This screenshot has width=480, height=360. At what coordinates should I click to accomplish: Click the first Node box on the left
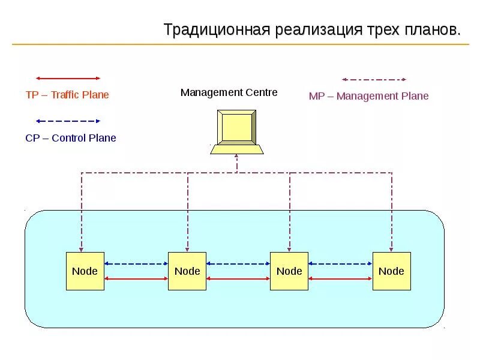pos(85,271)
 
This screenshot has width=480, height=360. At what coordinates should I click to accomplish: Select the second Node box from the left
pos(187,271)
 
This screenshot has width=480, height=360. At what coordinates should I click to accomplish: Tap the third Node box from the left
pos(289,271)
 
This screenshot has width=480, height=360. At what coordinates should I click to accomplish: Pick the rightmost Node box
pos(392,271)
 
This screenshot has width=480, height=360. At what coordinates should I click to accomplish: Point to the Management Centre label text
pos(229,92)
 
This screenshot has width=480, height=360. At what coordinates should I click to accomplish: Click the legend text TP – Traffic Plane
pos(67,95)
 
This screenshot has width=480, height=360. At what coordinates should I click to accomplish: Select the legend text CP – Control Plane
pos(71,138)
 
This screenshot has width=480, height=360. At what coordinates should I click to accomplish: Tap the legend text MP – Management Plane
pos(368,96)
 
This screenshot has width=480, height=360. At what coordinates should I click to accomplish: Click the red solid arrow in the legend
pos(68,78)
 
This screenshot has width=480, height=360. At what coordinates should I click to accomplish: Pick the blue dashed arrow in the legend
pos(68,121)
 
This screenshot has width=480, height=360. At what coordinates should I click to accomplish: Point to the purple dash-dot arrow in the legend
pos(374,79)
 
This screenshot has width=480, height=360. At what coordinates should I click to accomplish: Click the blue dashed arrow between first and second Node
pos(136,263)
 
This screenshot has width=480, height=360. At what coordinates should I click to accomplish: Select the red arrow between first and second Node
pos(136,279)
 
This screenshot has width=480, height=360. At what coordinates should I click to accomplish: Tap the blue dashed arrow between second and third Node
pos(238,263)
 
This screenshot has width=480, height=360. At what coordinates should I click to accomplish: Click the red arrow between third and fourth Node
pos(340,279)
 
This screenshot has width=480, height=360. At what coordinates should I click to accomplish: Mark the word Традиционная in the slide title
pos(218,30)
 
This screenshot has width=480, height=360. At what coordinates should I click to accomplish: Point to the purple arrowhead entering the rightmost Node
pos(392,248)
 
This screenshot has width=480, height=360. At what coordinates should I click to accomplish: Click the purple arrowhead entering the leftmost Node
pos(82,248)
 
